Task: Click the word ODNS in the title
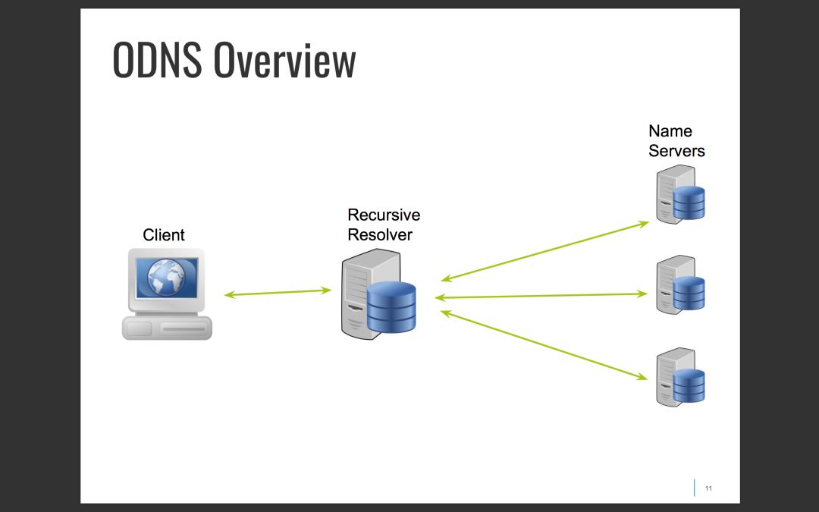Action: (157, 61)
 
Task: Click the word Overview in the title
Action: (284, 61)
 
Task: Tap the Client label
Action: (164, 235)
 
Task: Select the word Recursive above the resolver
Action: (384, 215)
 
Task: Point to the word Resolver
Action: (380, 234)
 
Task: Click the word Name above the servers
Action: (670, 131)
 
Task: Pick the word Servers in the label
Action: (676, 151)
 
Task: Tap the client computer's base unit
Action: (167, 328)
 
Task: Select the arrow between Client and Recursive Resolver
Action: (278, 293)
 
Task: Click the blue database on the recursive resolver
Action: (391, 306)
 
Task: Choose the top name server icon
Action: (680, 197)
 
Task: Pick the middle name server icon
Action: (680, 285)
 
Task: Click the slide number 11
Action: (708, 488)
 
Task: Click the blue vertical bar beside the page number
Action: (694, 488)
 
